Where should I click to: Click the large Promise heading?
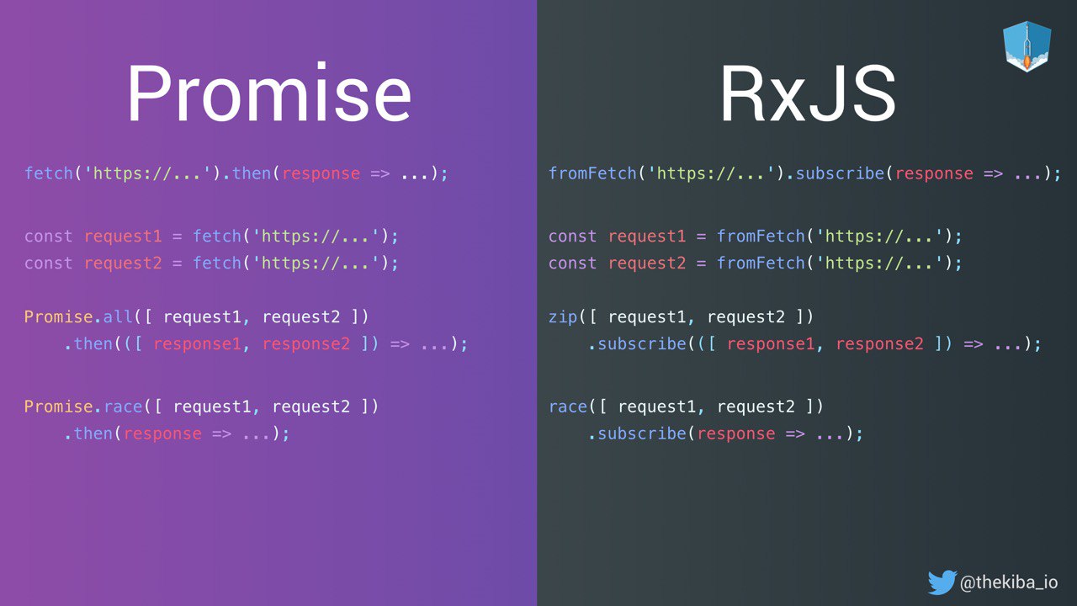coord(269,93)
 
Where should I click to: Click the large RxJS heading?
coord(808,93)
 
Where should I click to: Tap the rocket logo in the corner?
coord(1027,46)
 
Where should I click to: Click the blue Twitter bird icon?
coord(942,582)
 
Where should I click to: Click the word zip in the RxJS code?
coord(563,317)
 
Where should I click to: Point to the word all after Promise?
coord(117,316)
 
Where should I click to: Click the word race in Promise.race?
coord(123,407)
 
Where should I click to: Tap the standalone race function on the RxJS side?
coord(568,407)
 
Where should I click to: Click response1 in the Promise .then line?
coord(197,344)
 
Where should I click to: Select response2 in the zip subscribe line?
coord(879,344)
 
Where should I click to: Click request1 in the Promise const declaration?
coord(123,237)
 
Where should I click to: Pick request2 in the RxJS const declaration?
coord(647,263)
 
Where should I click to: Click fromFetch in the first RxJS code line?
coord(592,173)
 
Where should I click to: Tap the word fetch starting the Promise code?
coord(49,173)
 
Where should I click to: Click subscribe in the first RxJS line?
coord(840,173)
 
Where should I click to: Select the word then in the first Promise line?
coord(252,173)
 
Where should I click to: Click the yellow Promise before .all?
coord(59,316)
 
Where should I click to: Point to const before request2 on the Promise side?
coord(48,263)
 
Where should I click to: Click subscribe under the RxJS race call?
coord(642,433)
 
